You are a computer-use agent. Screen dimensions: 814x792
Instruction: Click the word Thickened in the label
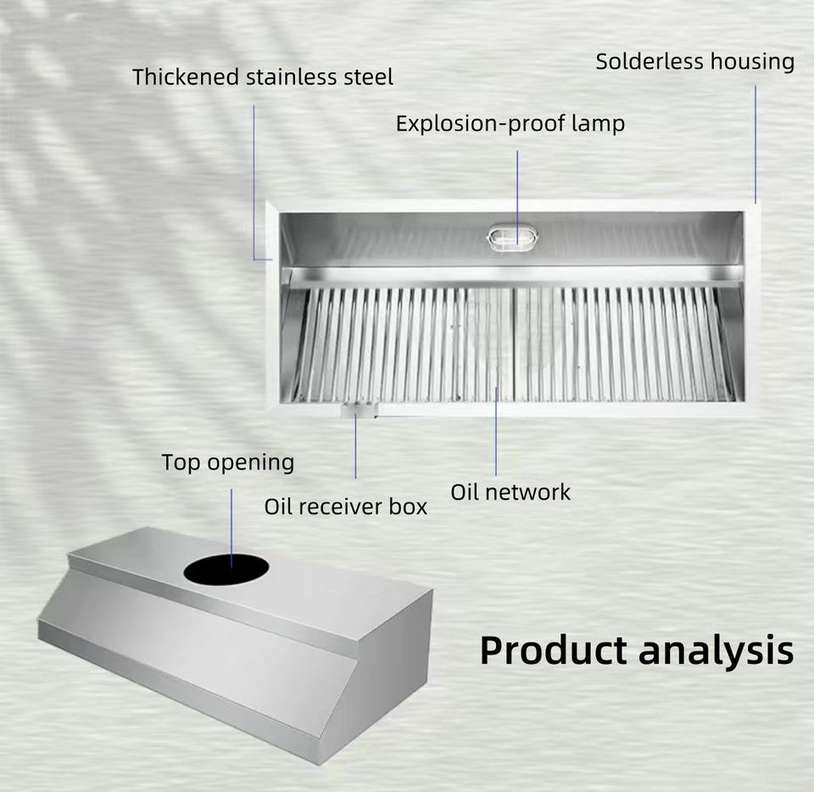pyautogui.click(x=186, y=77)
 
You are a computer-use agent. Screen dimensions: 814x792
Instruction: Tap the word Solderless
pyautogui.click(x=650, y=61)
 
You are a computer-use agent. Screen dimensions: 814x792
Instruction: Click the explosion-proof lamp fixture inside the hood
pyautogui.click(x=512, y=238)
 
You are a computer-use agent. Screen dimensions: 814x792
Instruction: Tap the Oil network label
pyautogui.click(x=510, y=492)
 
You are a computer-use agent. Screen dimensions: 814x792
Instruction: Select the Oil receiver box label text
pyautogui.click(x=345, y=507)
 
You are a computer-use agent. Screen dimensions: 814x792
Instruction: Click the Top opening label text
pyautogui.click(x=228, y=463)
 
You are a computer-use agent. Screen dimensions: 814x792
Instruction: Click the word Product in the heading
pyautogui.click(x=555, y=650)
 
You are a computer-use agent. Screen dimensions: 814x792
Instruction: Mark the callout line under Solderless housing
pyautogui.click(x=755, y=144)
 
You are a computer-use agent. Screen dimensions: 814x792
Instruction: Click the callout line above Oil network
pyautogui.click(x=496, y=431)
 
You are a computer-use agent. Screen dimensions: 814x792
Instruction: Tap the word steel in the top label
pyautogui.click(x=368, y=77)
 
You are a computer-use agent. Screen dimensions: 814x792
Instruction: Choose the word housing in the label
pyautogui.click(x=752, y=62)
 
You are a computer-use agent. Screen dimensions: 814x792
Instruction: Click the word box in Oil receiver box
pyautogui.click(x=408, y=507)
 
